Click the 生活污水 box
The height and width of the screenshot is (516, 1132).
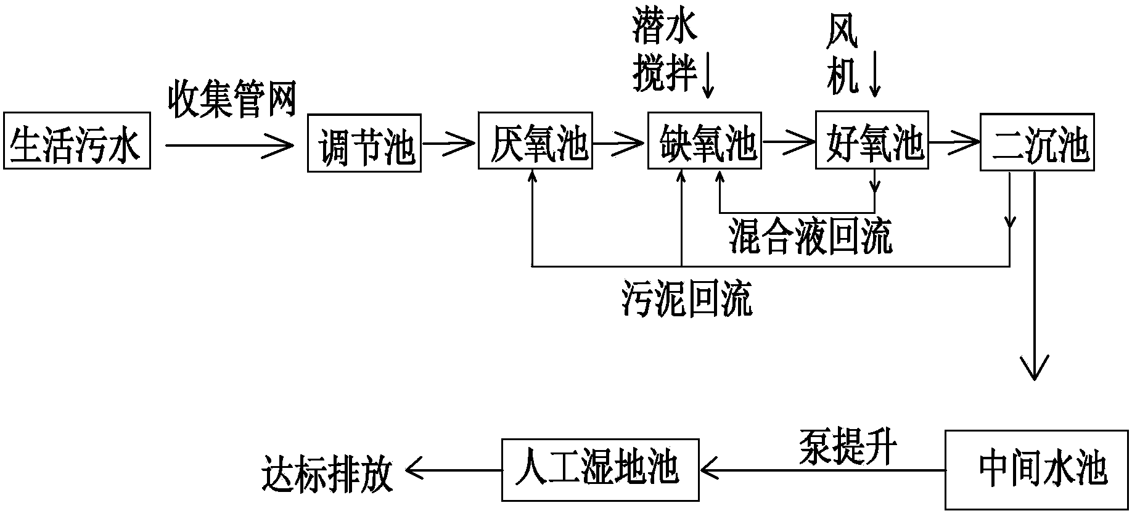[77, 141]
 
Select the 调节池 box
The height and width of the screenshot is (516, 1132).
[364, 143]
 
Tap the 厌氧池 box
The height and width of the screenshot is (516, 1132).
[535, 141]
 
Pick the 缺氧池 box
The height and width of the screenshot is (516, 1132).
[704, 141]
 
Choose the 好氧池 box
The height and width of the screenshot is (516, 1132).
[872, 140]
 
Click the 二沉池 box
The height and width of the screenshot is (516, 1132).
[1038, 142]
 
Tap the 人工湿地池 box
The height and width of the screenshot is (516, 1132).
[601, 470]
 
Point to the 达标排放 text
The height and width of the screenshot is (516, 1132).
[327, 473]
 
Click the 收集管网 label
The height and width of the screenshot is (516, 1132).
[232, 99]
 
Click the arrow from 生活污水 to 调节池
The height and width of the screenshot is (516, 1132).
[229, 145]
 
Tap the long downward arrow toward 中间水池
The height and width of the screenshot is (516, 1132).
[1033, 277]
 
